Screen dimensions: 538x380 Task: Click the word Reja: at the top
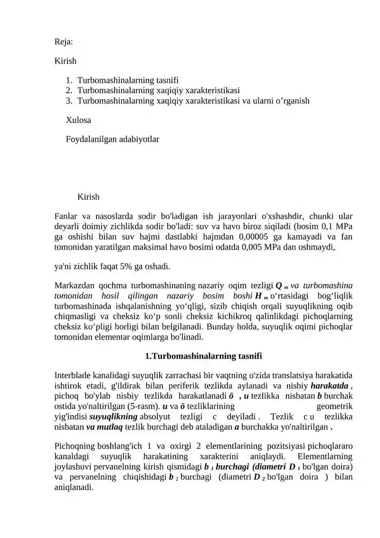tap(64, 42)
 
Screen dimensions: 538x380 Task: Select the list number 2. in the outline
tap(69, 90)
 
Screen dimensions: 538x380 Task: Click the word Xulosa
tap(78, 120)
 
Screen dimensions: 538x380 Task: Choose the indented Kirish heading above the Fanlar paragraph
tap(88, 197)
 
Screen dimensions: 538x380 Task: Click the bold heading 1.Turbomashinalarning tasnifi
tap(203, 356)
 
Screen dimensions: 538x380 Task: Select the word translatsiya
tap(289, 375)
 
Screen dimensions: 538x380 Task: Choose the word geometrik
tap(334, 406)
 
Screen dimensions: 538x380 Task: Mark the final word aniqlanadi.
tap(75, 488)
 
